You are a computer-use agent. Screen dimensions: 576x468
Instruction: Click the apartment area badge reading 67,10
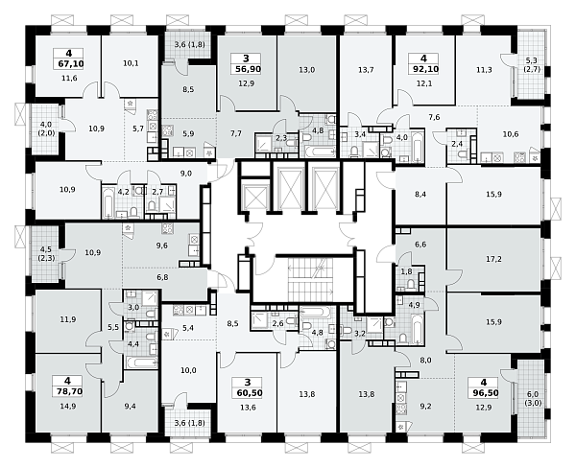(71, 64)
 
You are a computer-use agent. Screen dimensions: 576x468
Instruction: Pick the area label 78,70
(70, 391)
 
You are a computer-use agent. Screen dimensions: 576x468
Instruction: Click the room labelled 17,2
(493, 259)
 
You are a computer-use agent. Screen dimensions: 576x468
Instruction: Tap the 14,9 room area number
(68, 406)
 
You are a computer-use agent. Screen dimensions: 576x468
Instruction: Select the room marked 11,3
(484, 70)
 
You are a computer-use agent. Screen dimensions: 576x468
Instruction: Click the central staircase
(310, 279)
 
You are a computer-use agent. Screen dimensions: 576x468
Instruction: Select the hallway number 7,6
(434, 117)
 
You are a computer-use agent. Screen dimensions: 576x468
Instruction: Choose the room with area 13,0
(307, 70)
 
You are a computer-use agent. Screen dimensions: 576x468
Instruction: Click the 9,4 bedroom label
(130, 406)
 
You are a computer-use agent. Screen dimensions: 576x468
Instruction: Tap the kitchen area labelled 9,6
(162, 246)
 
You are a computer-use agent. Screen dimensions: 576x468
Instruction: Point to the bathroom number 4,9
(414, 305)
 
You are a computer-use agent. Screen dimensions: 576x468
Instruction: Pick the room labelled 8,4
(420, 194)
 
